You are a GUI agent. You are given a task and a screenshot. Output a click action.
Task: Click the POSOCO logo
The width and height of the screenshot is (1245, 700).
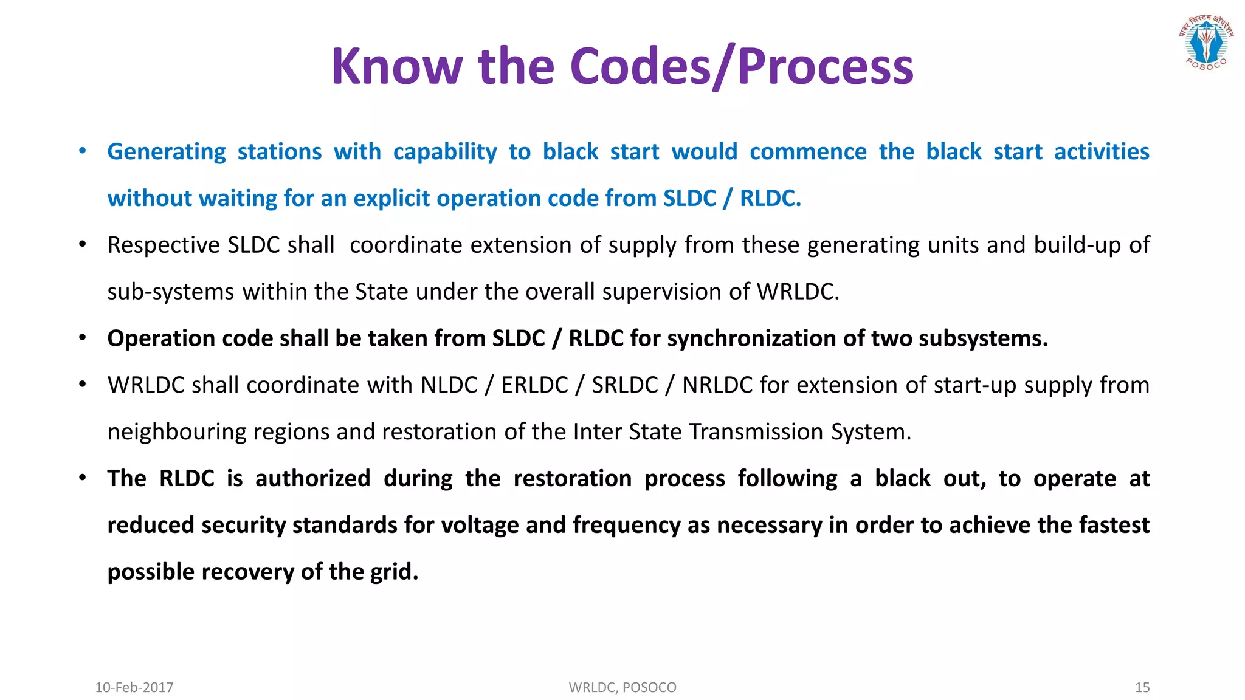(1206, 43)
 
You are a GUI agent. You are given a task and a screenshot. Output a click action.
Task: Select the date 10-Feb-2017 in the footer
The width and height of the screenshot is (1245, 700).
(134, 687)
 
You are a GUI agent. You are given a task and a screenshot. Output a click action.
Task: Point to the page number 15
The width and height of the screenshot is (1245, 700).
(1142, 687)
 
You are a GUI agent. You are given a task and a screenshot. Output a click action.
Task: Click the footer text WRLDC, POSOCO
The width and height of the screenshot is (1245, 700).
(622, 687)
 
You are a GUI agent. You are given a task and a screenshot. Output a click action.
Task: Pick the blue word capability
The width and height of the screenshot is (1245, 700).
(445, 152)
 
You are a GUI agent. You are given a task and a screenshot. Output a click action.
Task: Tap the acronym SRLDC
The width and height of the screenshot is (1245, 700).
(625, 385)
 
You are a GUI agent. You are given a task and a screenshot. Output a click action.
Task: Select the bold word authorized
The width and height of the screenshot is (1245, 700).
(312, 479)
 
